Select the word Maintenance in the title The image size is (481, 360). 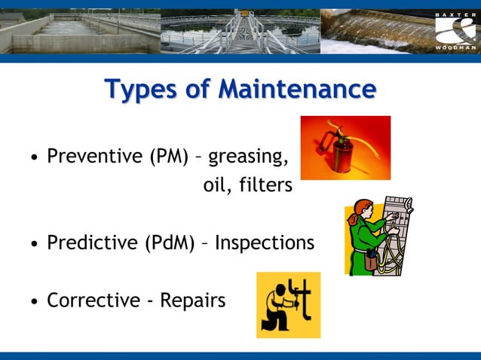297,89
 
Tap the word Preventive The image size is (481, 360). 94,157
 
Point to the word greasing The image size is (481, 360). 248,157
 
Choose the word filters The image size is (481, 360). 265,185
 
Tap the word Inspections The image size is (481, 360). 265,243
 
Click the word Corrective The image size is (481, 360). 93,301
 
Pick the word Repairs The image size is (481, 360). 192,301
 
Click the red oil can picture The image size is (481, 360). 345,147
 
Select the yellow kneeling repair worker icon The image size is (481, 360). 288,305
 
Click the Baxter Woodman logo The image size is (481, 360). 455,31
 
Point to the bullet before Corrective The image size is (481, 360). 34,302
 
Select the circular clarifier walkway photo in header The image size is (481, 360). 240,31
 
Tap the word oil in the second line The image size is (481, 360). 216,185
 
